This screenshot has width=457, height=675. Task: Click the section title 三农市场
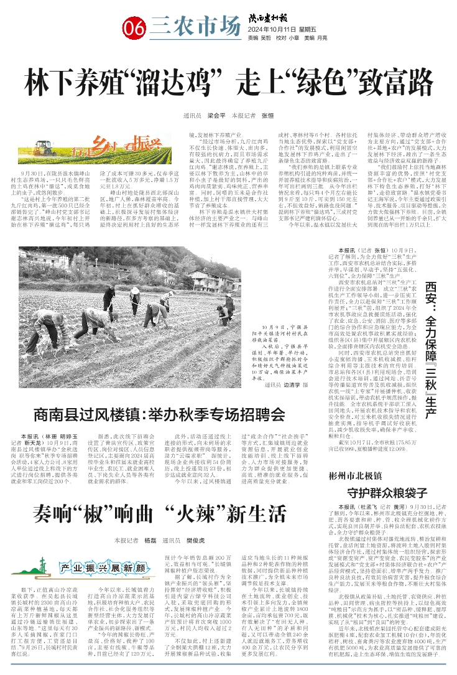pos(195,26)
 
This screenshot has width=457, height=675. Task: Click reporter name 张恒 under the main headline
pos(285,116)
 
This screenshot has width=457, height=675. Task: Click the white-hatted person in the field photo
pos(135,294)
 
